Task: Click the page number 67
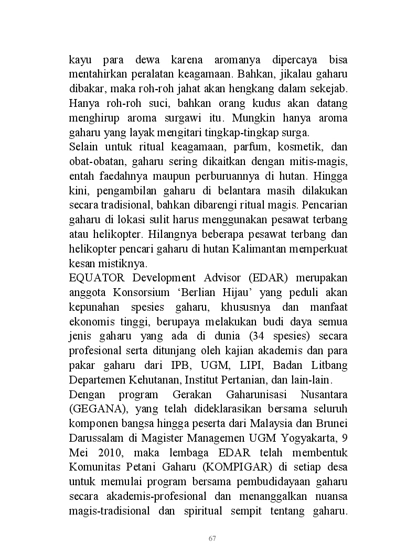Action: (x=212, y=538)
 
